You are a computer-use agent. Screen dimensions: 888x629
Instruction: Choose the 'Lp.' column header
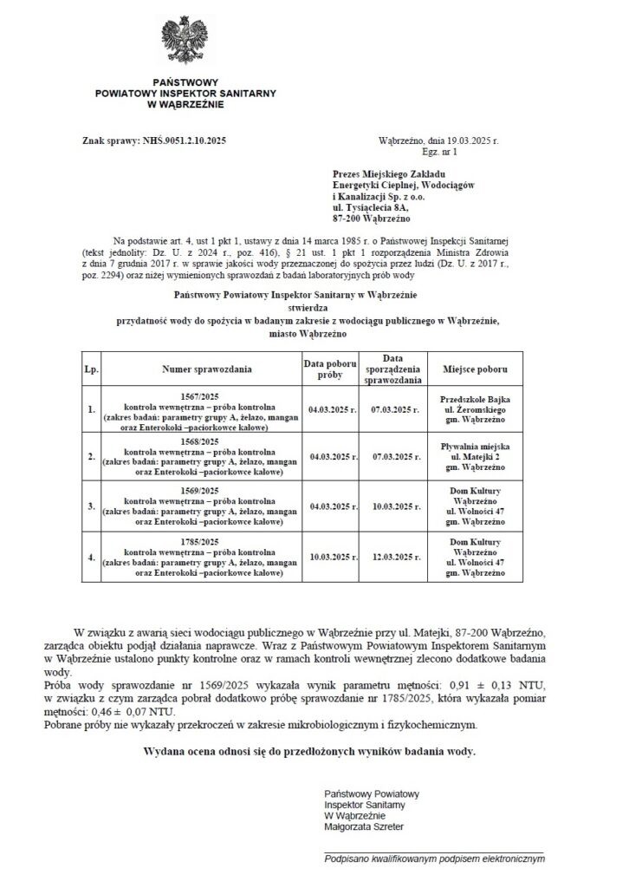point(91,369)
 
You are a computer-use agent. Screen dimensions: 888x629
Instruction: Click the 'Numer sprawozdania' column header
point(200,369)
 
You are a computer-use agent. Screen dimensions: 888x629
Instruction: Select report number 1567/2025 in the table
point(200,395)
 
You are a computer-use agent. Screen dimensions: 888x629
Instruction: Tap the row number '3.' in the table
point(91,506)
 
